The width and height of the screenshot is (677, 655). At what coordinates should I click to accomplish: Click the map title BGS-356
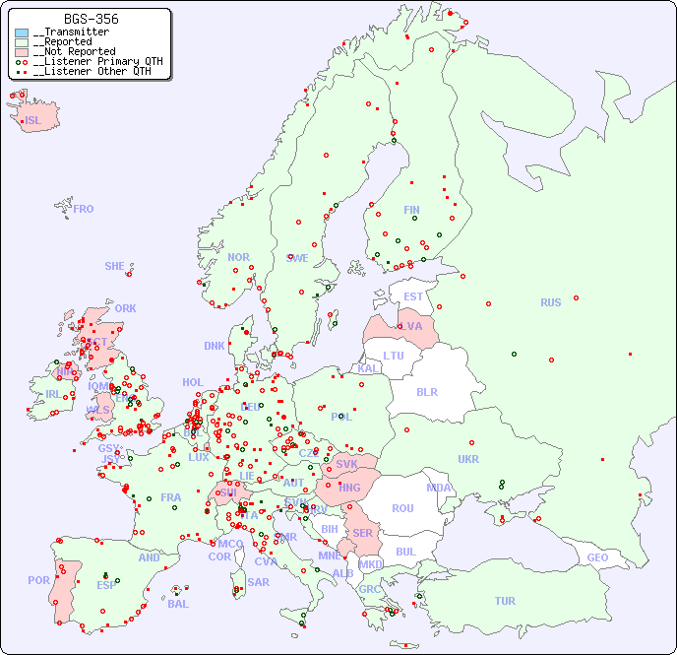(x=91, y=19)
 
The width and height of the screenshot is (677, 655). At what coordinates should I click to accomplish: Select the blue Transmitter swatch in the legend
(x=22, y=32)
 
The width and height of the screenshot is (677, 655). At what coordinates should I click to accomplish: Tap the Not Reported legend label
(x=74, y=51)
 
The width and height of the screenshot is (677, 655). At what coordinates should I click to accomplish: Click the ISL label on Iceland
(x=32, y=121)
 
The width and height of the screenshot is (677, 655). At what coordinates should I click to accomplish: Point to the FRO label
(x=84, y=209)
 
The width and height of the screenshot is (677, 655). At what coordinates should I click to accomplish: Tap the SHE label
(x=114, y=266)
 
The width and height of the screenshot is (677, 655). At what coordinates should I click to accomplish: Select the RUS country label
(x=550, y=302)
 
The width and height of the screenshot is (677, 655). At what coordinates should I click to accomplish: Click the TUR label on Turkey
(x=505, y=601)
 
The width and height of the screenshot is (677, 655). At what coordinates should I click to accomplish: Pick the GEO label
(x=597, y=557)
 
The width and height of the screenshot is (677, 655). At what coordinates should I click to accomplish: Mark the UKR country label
(x=468, y=459)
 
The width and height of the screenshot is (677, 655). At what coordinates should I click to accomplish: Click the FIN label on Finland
(x=411, y=210)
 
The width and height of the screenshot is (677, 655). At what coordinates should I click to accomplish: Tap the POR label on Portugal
(x=38, y=580)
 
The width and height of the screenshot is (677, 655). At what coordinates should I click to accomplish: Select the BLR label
(x=426, y=391)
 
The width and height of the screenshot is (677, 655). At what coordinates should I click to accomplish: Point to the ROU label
(x=402, y=508)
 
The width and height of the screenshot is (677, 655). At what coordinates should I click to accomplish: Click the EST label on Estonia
(x=413, y=296)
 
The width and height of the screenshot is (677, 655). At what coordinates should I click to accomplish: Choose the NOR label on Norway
(x=238, y=257)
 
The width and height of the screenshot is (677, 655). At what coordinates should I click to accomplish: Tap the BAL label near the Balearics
(x=177, y=604)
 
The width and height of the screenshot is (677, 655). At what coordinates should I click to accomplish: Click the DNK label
(x=214, y=346)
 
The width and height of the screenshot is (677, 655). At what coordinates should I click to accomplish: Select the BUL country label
(x=405, y=552)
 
